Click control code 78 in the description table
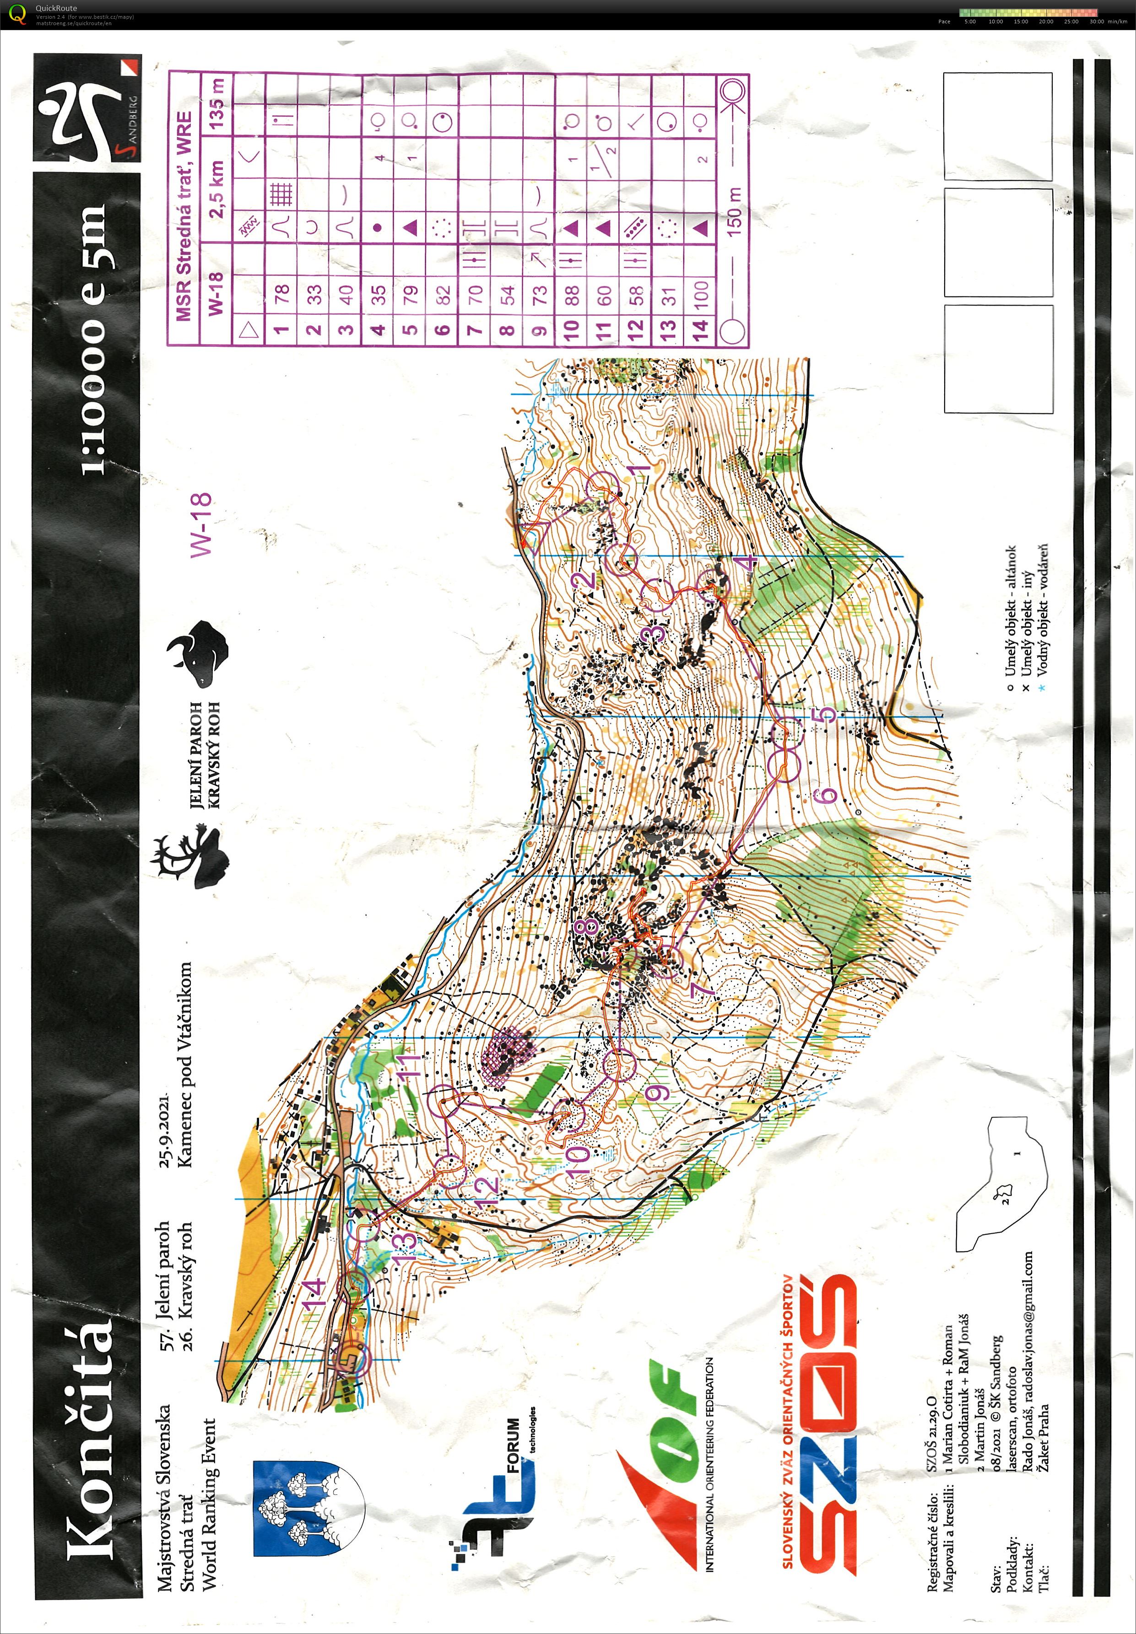click(x=282, y=291)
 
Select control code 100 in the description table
click(x=701, y=291)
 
